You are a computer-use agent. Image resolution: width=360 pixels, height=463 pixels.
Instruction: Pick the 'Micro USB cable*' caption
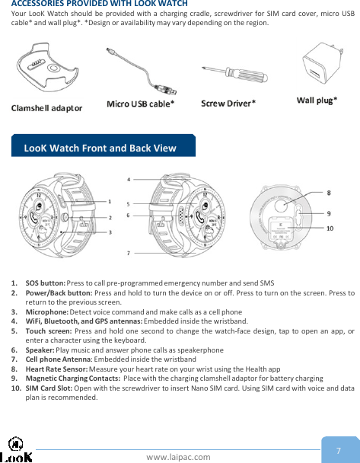click(141, 103)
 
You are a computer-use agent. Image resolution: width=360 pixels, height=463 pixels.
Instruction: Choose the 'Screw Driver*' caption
click(228, 103)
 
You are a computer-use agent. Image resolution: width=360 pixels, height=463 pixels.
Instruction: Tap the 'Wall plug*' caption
click(317, 100)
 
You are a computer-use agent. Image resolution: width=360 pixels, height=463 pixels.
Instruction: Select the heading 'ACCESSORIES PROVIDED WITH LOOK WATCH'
click(94, 5)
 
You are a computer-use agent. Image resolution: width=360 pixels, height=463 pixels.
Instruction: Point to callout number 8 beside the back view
click(328, 193)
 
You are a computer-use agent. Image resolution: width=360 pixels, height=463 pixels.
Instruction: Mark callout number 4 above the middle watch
click(128, 180)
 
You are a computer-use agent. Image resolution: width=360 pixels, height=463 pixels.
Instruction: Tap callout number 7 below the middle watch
click(128, 252)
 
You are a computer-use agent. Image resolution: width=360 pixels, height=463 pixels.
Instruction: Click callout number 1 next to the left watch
click(110, 202)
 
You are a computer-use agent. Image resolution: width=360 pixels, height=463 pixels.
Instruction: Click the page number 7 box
click(338, 450)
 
